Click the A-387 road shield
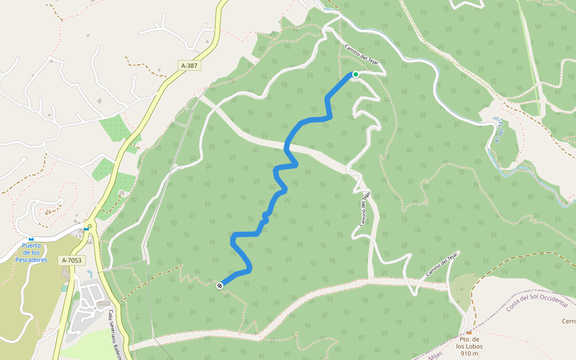tap(190, 65)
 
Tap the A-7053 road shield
tap(71, 260)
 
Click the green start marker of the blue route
tap(355, 74)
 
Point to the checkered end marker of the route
tap(220, 286)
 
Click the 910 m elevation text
tap(469, 353)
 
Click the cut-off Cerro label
tap(568, 321)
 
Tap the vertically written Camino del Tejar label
tap(365, 209)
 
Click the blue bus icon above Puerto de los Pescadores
tap(31, 238)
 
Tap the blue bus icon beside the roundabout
tap(86, 228)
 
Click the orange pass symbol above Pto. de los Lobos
tap(469, 332)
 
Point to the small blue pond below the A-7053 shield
tap(89, 274)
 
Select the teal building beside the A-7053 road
tap(64, 288)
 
